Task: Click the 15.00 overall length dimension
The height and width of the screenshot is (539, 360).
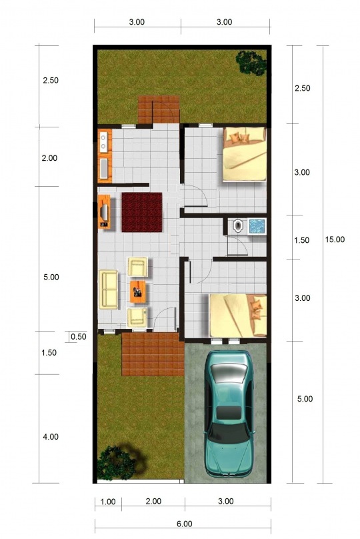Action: pos(335,239)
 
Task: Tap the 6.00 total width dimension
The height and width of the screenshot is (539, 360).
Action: pos(185,524)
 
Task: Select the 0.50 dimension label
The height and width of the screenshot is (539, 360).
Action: pos(78,336)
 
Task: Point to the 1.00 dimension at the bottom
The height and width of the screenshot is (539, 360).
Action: pos(108,502)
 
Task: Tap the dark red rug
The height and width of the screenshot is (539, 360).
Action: pos(142,212)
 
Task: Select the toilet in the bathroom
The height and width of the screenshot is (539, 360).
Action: pos(237,226)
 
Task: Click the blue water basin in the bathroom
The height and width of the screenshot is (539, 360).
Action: pos(257,226)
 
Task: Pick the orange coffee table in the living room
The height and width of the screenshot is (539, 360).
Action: pos(138,292)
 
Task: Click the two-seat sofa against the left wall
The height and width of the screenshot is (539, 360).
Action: pos(108,290)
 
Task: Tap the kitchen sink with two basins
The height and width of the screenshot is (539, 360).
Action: pos(103,142)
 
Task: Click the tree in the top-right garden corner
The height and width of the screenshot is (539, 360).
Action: pos(251,62)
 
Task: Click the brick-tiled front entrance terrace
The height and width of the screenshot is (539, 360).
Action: pos(153,354)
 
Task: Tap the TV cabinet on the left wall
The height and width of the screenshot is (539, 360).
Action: pos(104,211)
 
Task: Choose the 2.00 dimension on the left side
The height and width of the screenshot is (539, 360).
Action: pos(49,158)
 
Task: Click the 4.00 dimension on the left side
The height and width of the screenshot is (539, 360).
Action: pos(51,437)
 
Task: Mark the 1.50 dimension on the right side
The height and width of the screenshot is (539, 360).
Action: pos(302,240)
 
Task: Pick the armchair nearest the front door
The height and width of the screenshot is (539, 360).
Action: pos(137,318)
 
